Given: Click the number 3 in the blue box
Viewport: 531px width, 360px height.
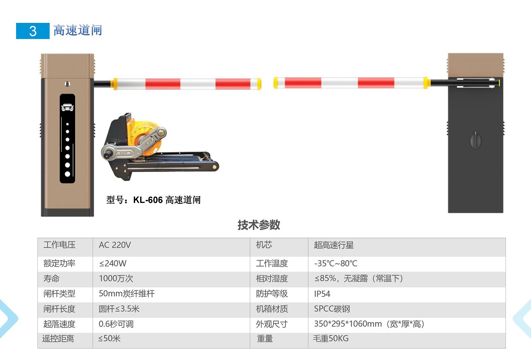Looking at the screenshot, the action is coord(33,31).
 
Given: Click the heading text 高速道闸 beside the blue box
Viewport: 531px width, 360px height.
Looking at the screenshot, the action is coord(78,30).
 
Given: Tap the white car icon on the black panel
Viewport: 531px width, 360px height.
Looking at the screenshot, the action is coord(67,107).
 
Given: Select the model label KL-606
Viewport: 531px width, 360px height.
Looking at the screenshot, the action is coord(148,200).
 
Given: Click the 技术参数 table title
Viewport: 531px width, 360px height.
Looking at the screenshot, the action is coord(259,225).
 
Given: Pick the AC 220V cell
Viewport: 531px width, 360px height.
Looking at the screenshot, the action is coord(115,245).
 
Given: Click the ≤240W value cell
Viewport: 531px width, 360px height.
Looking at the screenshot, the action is coord(113,263).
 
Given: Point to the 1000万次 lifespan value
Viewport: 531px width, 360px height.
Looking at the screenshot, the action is coord(116,278).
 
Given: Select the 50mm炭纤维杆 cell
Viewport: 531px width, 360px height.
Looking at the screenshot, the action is coord(127,294).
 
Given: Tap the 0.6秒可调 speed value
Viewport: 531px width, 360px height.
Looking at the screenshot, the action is coord(116,324).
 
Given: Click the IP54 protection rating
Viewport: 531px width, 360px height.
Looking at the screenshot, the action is coord(322,294).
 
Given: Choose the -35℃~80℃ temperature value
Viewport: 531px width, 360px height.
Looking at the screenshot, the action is coord(336,263).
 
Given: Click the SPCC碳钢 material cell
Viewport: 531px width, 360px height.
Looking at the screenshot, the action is coord(332,309).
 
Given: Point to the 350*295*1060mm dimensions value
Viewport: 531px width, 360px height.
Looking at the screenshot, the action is coord(348,324).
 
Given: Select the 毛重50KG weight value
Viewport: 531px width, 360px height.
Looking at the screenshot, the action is coord(330,338).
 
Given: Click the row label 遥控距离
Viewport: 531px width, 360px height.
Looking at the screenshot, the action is coord(58,339).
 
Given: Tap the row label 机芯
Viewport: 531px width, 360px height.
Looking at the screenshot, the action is coord(264,245).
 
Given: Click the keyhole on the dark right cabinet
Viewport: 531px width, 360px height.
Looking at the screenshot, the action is coord(475,141).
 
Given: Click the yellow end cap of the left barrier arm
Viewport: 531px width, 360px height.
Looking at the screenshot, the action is coord(259,84).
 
